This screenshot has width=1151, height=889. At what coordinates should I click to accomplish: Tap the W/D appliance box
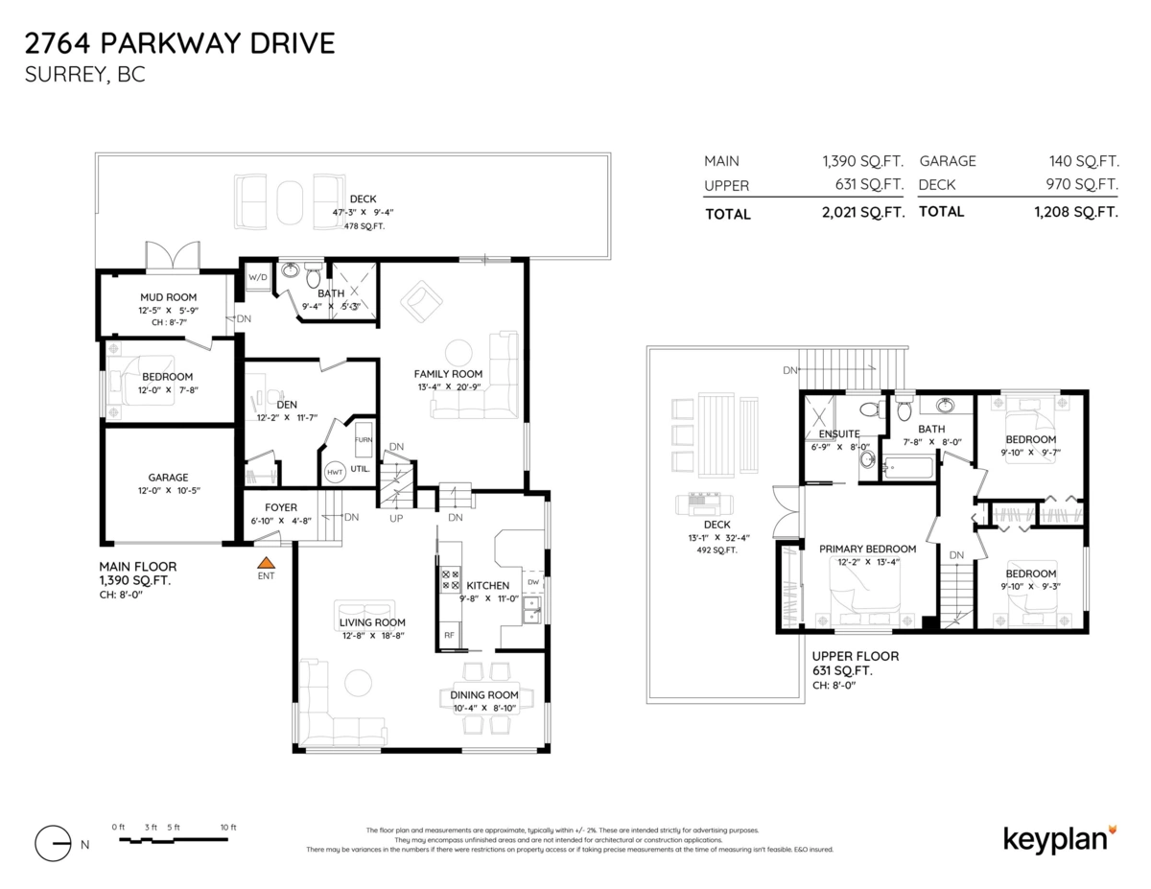(257, 278)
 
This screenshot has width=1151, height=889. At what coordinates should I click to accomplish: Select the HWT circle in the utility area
(335, 472)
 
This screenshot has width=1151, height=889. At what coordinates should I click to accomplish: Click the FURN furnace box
(364, 439)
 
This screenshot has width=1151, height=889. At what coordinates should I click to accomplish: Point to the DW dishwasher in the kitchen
(532, 582)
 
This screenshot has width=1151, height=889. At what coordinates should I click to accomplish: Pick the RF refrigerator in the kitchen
(448, 635)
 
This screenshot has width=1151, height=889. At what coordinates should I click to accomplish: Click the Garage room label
(168, 477)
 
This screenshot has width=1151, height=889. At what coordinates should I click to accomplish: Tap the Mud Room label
(168, 297)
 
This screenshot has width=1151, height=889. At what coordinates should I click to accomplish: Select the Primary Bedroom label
(867, 550)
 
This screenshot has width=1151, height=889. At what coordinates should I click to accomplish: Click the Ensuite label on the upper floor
(839, 433)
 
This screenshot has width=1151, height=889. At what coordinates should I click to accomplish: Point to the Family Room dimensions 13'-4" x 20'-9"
(448, 387)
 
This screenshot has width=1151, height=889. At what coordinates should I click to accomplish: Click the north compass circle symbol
(53, 843)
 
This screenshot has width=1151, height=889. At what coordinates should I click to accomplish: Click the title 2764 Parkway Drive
(179, 43)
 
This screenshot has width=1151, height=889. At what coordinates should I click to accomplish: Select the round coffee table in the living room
(358, 683)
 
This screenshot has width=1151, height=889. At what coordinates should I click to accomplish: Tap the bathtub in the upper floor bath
(906, 470)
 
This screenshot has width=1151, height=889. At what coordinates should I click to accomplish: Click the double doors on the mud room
(173, 258)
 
